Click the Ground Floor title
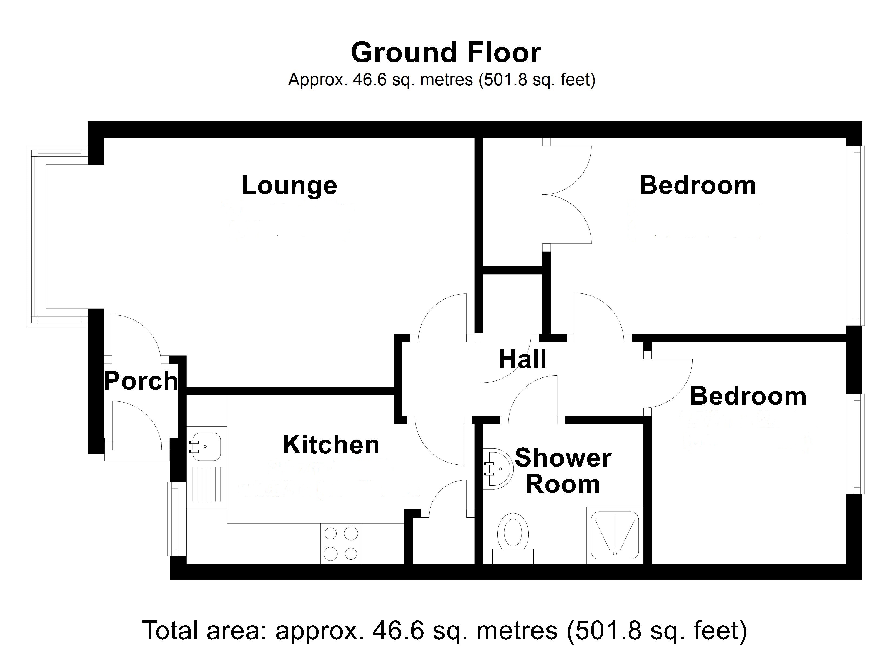click(x=446, y=53)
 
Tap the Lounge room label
click(x=289, y=185)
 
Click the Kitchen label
click(x=331, y=444)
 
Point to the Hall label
click(x=522, y=359)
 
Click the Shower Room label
click(x=563, y=471)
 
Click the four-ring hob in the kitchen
click(x=341, y=544)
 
